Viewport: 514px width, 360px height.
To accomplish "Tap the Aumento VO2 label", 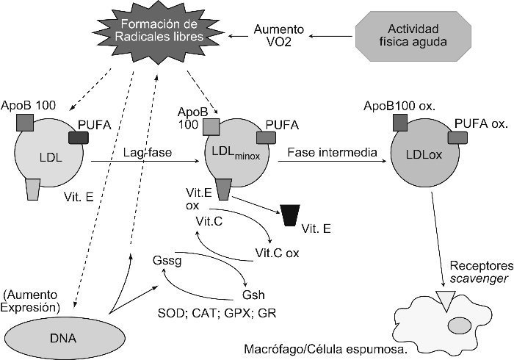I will pos(274,35).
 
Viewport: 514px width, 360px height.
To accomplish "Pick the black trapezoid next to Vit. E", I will pos(292,216).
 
